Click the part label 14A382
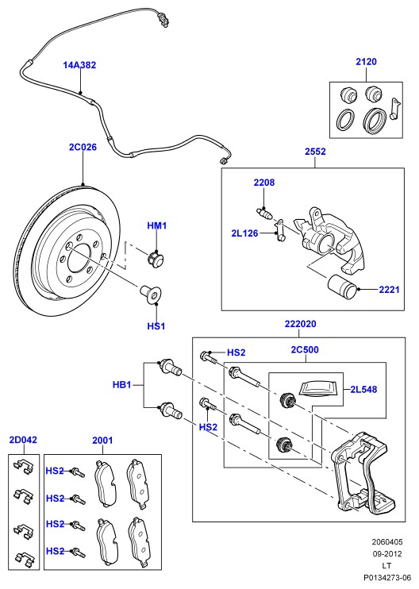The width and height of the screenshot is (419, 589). pyautogui.click(x=79, y=65)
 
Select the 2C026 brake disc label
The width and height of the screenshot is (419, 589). pyautogui.click(x=83, y=148)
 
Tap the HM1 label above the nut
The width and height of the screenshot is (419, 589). pyautogui.click(x=156, y=225)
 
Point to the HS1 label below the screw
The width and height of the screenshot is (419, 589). pyautogui.click(x=156, y=326)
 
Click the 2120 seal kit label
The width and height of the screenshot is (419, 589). pyautogui.click(x=366, y=62)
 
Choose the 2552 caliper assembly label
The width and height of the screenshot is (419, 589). pyautogui.click(x=315, y=152)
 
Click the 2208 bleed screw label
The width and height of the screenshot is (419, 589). pyautogui.click(x=264, y=183)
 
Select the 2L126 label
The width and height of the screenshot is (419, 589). pyautogui.click(x=244, y=233)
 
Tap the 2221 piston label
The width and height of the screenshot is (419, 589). pyautogui.click(x=389, y=290)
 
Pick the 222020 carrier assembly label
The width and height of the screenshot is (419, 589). pyautogui.click(x=300, y=324)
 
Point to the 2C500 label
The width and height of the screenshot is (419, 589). pyautogui.click(x=305, y=350)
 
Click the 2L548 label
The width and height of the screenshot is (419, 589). pyautogui.click(x=363, y=390)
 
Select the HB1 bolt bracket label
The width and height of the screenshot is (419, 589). pyautogui.click(x=122, y=385)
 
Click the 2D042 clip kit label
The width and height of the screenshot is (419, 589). pyautogui.click(x=23, y=440)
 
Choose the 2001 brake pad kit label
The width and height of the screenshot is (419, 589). pyautogui.click(x=102, y=440)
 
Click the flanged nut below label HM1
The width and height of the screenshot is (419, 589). pyautogui.click(x=155, y=259)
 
